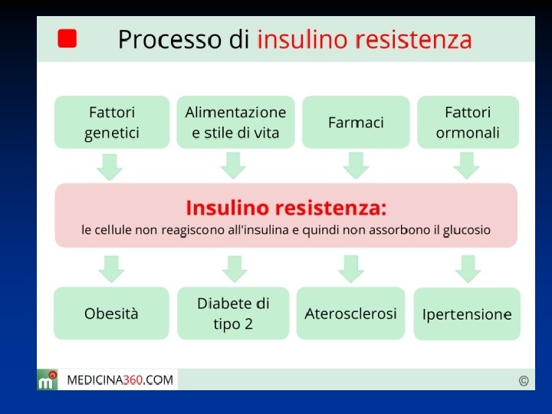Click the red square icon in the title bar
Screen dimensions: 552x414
[x=67, y=39]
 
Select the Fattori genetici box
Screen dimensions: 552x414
[x=112, y=122]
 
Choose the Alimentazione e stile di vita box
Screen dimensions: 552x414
[x=235, y=122]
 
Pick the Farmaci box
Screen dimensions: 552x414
[x=356, y=122]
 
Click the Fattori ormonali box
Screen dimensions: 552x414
[x=468, y=122]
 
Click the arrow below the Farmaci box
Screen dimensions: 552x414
[x=356, y=166]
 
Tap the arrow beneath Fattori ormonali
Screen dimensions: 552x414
[x=467, y=166]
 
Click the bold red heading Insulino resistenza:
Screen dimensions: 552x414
[x=286, y=208]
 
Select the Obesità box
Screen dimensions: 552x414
[x=112, y=314]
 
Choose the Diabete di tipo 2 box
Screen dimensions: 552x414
[x=233, y=314]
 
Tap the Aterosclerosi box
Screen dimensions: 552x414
[x=351, y=314]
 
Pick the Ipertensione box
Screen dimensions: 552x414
[x=467, y=314]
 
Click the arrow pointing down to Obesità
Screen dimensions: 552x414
[x=112, y=269]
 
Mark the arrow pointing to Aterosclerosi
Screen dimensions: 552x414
[x=351, y=269]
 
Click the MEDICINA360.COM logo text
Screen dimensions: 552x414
[x=120, y=379]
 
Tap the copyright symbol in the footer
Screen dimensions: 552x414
[x=524, y=380]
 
